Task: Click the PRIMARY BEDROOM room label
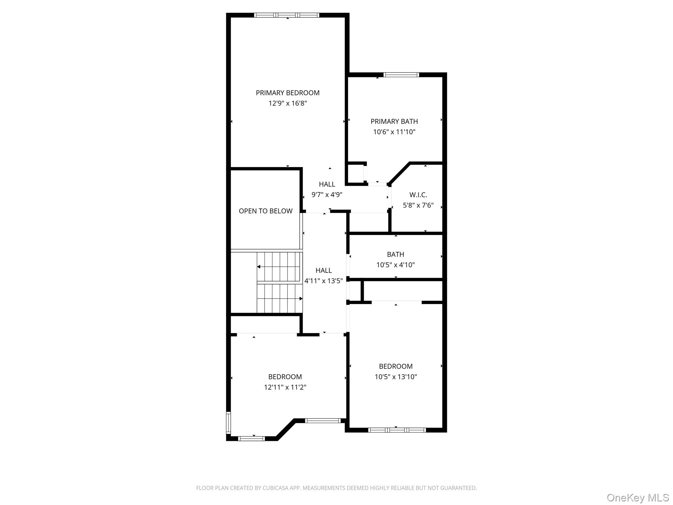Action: (288, 93)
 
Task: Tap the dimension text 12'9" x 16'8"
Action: (288, 104)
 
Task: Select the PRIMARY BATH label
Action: (394, 122)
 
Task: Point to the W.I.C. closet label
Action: (418, 195)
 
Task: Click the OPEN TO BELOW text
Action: (266, 211)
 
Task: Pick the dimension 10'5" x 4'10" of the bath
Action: (396, 265)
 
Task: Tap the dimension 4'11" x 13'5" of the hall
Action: (324, 281)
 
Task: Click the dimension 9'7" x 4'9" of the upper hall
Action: (327, 195)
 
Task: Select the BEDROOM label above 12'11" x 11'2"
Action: (285, 377)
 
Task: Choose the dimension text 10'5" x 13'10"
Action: (396, 377)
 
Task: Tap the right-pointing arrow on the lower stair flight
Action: (280, 299)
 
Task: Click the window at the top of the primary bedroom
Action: (287, 15)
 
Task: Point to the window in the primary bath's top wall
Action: (401, 75)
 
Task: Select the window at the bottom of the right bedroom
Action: (397, 430)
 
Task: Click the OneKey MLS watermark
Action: (638, 497)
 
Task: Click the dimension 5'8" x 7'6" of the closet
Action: (418, 205)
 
